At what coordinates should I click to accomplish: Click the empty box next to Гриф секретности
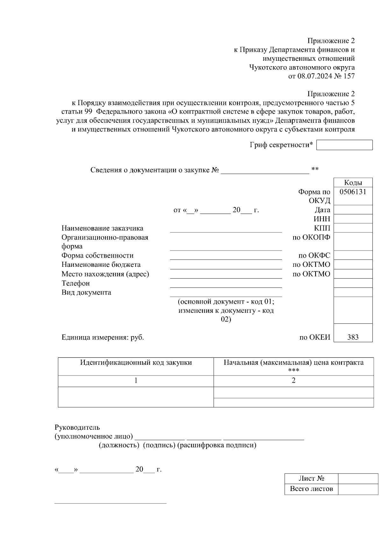coord(344,145)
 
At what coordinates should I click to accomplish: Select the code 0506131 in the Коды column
coord(353,192)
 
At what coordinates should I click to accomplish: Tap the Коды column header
coord(353,183)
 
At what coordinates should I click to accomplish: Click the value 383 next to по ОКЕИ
coord(353,337)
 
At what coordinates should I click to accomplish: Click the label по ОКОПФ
coord(311,237)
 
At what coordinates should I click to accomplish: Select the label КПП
coord(322,228)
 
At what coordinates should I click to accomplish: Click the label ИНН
coord(322,219)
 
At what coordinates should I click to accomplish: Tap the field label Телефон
coord(76,283)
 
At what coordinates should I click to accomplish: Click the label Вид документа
coord(86,292)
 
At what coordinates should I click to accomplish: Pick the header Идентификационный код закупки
coord(136,363)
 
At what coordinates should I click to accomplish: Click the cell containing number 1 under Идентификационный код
coord(136,380)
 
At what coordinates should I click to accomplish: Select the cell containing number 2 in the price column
coord(294,380)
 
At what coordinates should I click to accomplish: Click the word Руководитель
coord(77,427)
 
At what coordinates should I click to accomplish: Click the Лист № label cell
coord(311,478)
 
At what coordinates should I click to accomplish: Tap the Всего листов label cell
coord(311,489)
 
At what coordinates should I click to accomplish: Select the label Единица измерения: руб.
coord(103,337)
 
